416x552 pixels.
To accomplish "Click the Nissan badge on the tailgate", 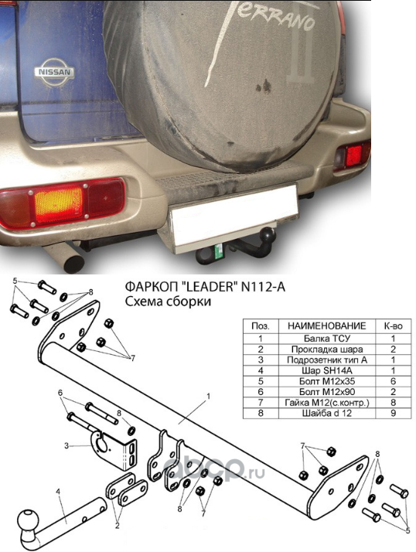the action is click(55, 72).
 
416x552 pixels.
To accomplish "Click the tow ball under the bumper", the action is click(270, 233).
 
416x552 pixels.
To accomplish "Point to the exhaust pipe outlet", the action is click(74, 264).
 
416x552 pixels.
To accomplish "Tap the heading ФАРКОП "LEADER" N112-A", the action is click(205, 288).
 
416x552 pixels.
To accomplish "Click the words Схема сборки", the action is click(168, 302).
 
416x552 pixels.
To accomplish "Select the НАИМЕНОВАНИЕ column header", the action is click(327, 325).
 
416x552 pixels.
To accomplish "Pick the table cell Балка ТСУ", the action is click(327, 339).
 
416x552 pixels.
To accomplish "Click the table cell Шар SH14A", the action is click(327, 370).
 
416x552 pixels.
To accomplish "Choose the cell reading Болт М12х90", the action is click(327, 391).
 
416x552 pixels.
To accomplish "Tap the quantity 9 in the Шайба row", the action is click(393, 413).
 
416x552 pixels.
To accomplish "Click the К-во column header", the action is click(393, 325).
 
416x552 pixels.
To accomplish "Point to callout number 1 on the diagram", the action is click(208, 397).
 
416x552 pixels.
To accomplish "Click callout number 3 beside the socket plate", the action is click(66, 446).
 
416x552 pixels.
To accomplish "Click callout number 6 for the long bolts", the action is click(60, 392).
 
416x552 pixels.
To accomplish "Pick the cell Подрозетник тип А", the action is click(327, 359).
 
